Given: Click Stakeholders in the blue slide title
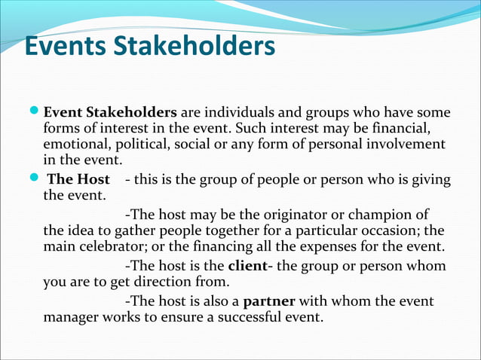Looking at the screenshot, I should coord(193,46).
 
